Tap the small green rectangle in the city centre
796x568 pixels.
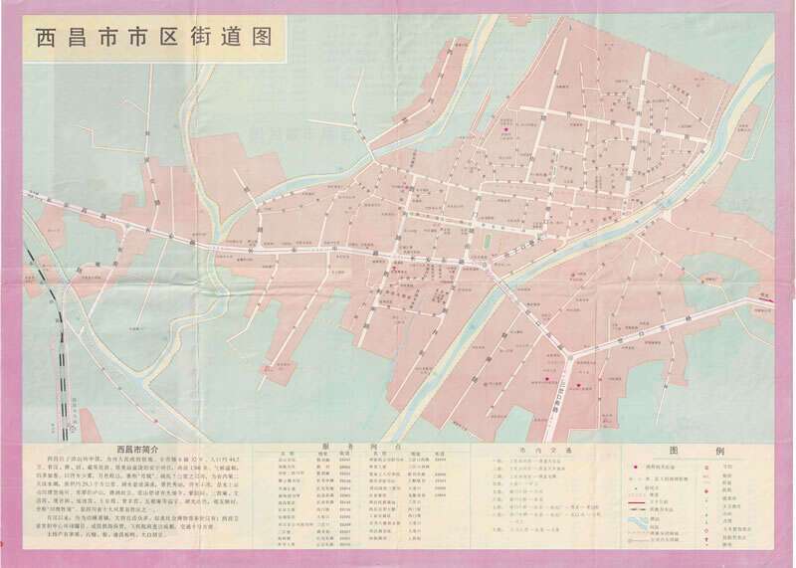click(488, 239)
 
